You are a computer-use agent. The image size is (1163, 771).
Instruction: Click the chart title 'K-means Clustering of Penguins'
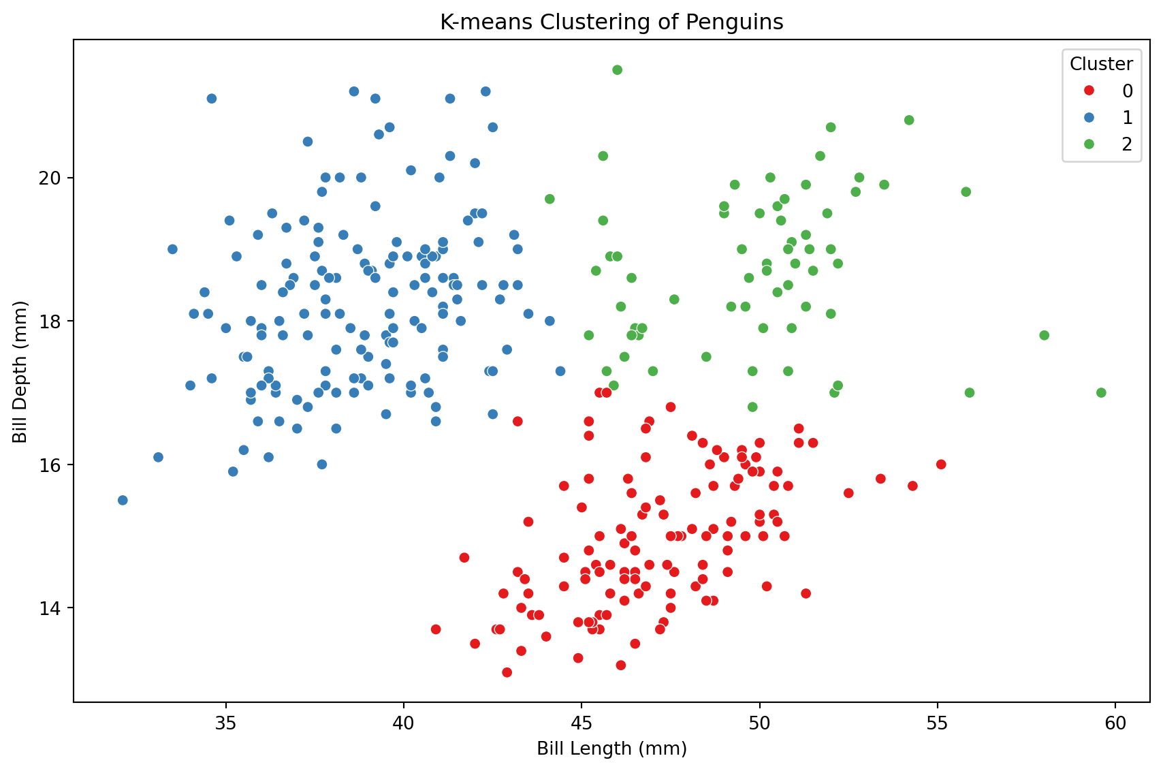[611, 22]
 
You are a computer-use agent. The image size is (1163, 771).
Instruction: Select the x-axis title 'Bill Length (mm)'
[611, 749]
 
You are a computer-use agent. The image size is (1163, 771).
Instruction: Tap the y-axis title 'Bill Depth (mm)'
[20, 371]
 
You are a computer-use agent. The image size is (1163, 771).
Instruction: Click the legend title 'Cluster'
[1101, 64]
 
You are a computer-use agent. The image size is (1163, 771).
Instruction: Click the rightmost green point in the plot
[1101, 393]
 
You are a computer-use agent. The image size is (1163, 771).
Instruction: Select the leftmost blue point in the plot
[123, 501]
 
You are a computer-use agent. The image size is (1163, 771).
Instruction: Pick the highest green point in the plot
[617, 69]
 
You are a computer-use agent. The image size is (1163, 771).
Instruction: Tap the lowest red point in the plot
[507, 673]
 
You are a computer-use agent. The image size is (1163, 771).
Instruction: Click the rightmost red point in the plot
[941, 465]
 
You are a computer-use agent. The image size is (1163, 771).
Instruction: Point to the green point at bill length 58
[1044, 335]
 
